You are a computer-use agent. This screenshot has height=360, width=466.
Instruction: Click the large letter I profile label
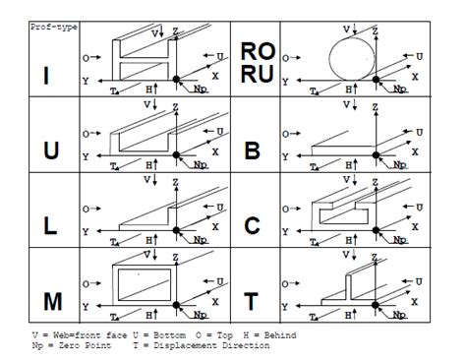(49, 76)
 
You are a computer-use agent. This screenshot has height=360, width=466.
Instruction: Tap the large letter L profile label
(50, 225)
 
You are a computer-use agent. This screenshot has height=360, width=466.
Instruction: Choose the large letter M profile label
(50, 299)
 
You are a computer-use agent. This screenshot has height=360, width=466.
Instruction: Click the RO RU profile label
(257, 67)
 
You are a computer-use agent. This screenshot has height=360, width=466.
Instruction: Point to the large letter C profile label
(253, 225)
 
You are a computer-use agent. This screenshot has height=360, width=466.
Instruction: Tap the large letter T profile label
(253, 299)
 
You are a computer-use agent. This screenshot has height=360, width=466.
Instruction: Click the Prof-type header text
(55, 27)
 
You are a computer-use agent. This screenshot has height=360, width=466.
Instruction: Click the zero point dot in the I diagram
(176, 79)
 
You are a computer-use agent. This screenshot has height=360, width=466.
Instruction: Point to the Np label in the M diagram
(201, 316)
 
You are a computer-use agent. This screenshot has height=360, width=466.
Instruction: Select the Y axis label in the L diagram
(87, 232)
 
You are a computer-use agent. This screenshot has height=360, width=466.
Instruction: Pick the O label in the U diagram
(87, 132)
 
